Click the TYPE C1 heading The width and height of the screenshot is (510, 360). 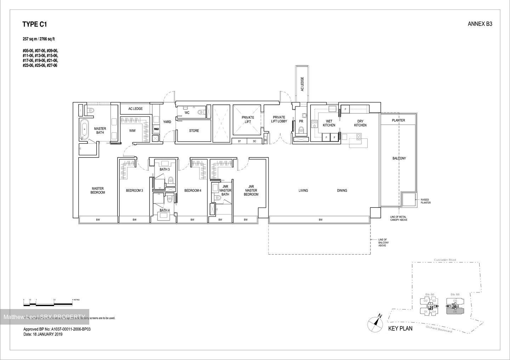[x=35, y=24]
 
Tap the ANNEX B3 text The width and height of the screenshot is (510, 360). [x=480, y=24]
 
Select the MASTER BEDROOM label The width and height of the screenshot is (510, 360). [x=98, y=190]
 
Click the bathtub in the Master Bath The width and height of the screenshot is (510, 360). [x=85, y=130]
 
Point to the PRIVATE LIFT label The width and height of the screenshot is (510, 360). [x=248, y=120]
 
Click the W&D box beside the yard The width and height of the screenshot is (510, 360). [x=156, y=129]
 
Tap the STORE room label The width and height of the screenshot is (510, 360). [x=194, y=131]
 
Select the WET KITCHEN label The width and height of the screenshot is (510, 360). [x=329, y=123]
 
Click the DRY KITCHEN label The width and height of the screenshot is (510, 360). [x=360, y=123]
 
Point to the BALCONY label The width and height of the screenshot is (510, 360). [x=399, y=158]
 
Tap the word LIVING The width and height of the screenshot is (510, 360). [x=303, y=190]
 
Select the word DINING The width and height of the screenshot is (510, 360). [x=342, y=190]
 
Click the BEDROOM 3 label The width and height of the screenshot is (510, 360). [x=135, y=190]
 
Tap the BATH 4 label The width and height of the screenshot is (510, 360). [x=164, y=210]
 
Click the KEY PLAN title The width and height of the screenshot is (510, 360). [x=400, y=328]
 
